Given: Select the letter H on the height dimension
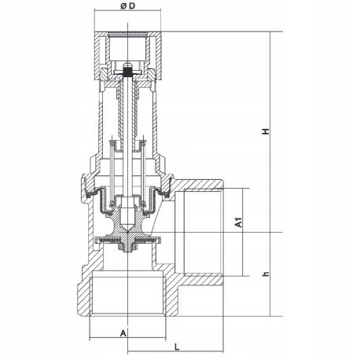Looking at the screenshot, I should pyautogui.click(x=267, y=134).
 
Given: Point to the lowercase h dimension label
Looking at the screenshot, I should pyautogui.click(x=266, y=274).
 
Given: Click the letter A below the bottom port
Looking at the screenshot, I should pyautogui.click(x=123, y=333).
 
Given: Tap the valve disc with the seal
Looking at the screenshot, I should pyautogui.click(x=125, y=241).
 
